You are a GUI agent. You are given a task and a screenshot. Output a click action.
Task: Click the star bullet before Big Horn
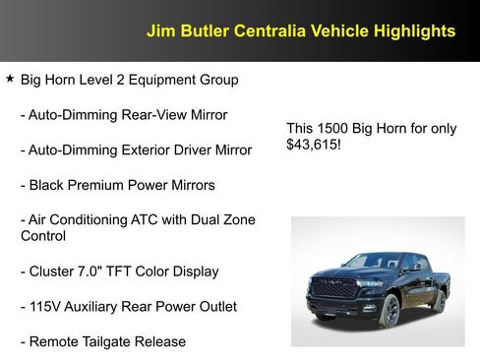click(x=10, y=78)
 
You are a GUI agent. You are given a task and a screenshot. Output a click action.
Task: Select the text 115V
click(x=45, y=307)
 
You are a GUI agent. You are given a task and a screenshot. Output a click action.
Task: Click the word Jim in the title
click(x=159, y=30)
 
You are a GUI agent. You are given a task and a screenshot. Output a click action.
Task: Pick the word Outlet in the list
click(x=214, y=307)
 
